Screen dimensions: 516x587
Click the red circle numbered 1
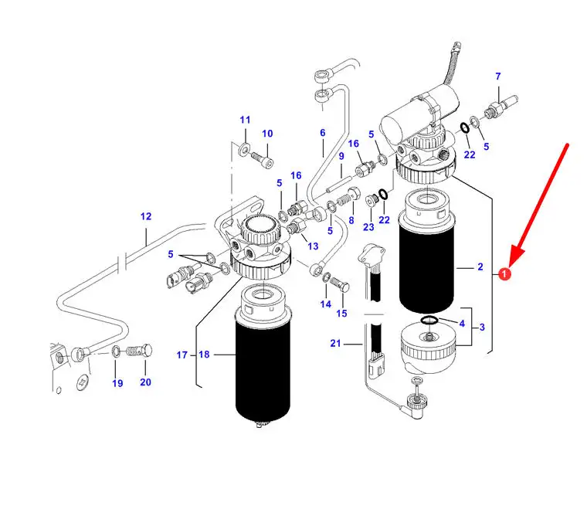click(504, 273)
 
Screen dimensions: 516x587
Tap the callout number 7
click(498, 76)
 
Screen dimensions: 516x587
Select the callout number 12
click(146, 217)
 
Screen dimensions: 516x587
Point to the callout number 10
click(267, 134)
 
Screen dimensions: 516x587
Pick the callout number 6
click(323, 133)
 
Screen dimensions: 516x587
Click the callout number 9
click(341, 157)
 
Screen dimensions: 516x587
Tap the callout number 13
click(313, 246)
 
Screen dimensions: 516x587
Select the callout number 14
click(325, 304)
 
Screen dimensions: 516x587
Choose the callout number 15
click(341, 314)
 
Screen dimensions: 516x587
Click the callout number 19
click(117, 383)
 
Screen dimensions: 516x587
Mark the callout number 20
click(145, 382)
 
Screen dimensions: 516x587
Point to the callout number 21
click(334, 342)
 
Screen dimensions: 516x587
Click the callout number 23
click(368, 227)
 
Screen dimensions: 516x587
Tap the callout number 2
click(480, 267)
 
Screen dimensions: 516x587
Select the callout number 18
click(204, 355)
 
